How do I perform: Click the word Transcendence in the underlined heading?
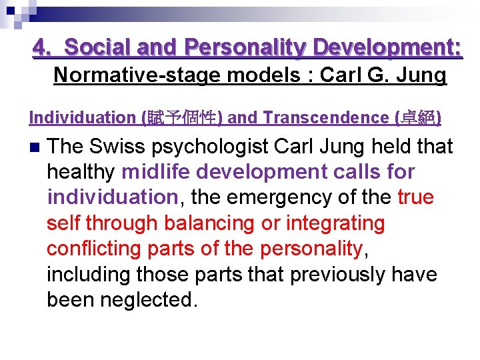(325, 117)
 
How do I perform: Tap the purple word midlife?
(156, 172)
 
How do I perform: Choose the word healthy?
(81, 172)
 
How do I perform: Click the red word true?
(415, 197)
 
